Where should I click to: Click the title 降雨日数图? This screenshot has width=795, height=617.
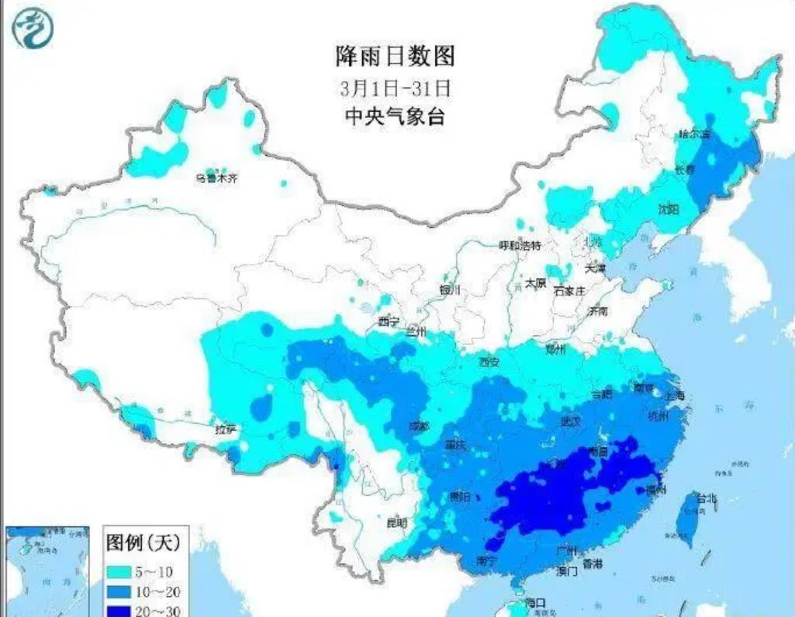click(394, 56)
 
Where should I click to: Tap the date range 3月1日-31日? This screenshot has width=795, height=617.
click(395, 86)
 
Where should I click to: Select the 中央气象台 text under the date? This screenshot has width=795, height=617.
click(395, 116)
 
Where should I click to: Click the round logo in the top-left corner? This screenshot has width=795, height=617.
click(35, 28)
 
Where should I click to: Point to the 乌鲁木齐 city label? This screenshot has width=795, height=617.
click(216, 179)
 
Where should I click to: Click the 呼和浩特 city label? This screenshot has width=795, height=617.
click(519, 245)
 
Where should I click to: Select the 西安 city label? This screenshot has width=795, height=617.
click(489, 361)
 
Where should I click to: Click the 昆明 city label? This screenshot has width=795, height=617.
click(396, 522)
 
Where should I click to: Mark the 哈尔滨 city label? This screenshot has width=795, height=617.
click(694, 133)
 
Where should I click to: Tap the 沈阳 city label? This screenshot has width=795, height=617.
click(668, 209)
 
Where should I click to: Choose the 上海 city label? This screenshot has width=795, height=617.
click(675, 396)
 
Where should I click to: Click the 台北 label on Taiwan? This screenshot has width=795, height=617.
click(707, 498)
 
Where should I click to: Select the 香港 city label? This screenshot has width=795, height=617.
click(593, 563)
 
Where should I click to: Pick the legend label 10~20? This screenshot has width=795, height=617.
click(161, 591)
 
